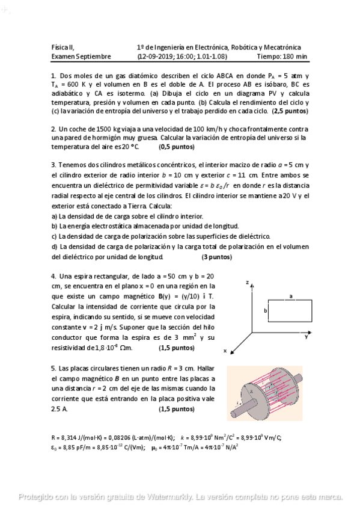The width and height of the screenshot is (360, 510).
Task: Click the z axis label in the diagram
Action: tap(247, 282)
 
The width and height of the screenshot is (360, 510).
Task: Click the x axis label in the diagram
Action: tap(224, 350)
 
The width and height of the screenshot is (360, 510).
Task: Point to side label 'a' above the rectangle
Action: tap(291, 296)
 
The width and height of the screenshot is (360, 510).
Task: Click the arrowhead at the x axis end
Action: tap(228, 345)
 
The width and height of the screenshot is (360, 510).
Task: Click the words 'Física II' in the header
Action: tap(63, 47)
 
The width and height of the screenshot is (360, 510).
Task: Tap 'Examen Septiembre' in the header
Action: tap(81, 56)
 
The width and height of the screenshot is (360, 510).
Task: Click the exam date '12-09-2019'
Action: tap(156, 56)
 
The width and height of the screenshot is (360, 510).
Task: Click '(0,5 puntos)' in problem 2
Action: tap(177, 147)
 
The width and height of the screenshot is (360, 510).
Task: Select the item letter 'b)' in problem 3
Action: tap(55, 226)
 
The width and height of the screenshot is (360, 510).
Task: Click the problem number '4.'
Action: tap(54, 276)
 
